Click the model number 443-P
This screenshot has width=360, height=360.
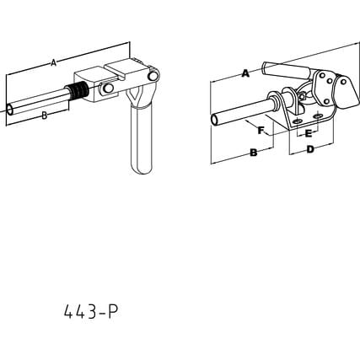91,312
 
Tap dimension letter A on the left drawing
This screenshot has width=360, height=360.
54,62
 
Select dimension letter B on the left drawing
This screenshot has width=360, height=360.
44,116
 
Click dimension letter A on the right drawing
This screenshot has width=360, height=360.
245,73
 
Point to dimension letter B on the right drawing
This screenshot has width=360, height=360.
254,153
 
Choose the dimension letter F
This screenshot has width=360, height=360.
261,131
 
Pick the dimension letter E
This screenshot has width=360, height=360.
309,134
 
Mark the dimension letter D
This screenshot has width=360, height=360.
310,149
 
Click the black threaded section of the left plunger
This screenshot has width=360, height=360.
78,91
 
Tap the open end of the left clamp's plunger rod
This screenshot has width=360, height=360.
10,110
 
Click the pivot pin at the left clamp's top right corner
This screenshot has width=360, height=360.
153,76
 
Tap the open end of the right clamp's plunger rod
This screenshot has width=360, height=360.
215,120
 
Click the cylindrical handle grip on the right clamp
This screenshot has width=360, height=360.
285,71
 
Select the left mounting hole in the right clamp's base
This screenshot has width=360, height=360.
297,121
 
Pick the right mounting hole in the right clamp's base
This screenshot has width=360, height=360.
318,116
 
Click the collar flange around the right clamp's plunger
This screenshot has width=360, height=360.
273,102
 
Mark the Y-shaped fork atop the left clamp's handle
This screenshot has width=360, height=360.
135,96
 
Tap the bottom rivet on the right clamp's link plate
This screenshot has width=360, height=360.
325,101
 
